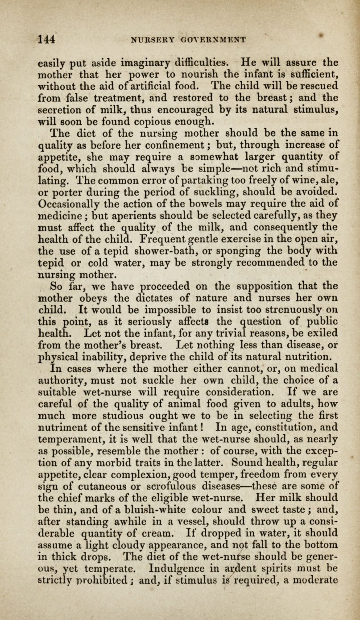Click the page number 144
pos(46,39)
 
